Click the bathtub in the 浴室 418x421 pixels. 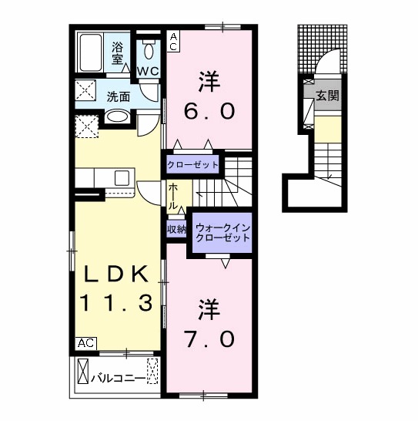91,52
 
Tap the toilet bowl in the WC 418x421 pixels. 149,50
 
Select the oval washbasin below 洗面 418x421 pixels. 116,117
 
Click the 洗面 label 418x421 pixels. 119,97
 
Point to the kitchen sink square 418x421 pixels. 122,178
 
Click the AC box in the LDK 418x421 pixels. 85,343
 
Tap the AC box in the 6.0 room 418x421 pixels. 173,41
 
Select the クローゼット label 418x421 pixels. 192,164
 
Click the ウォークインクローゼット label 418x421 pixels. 222,233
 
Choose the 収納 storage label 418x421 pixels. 176,229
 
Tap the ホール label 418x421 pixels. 173,197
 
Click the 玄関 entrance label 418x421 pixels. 327,96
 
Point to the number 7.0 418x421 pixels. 209,338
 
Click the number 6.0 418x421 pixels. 209,111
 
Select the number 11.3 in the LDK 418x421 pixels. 116,302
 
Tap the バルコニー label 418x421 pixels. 118,379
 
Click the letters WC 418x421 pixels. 149,71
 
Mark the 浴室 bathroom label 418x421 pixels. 118,53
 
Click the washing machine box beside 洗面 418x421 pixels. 85,90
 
